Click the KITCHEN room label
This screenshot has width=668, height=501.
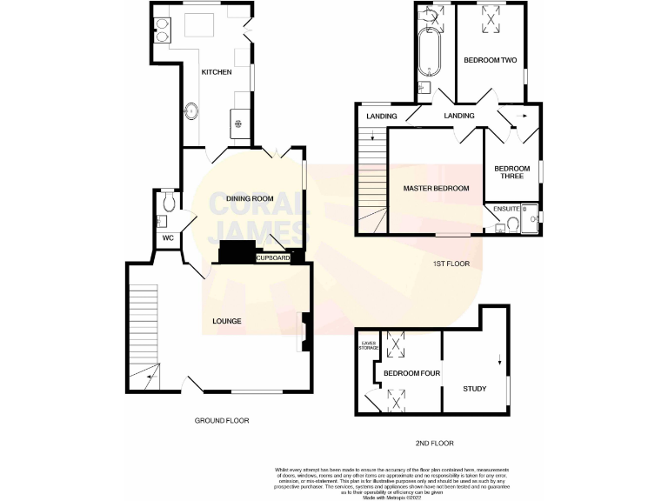click(217, 72)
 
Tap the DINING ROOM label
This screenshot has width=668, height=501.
click(250, 198)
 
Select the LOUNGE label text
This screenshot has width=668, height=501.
click(226, 321)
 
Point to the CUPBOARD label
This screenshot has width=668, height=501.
click(272, 258)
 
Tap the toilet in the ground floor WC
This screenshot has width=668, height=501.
click(170, 202)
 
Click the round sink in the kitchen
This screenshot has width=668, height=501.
click(190, 110)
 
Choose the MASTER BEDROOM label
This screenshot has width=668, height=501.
click(436, 188)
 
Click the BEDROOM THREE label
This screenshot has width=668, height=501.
click(511, 172)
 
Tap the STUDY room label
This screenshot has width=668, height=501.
click(475, 389)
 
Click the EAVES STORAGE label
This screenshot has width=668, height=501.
click(371, 347)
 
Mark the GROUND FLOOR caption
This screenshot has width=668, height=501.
click(221, 420)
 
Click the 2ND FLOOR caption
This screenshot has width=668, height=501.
click(434, 444)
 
